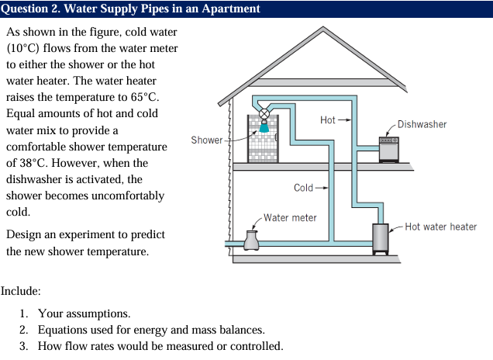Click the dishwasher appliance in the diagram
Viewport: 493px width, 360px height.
[x=389, y=150]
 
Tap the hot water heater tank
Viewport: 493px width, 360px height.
[x=380, y=238]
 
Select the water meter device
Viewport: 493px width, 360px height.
[x=251, y=241]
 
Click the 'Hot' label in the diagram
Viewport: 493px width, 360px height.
[x=328, y=120]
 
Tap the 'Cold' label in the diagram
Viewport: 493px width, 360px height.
[x=304, y=188]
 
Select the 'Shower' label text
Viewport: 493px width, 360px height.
[x=206, y=140]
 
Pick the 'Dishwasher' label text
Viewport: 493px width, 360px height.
[x=422, y=124]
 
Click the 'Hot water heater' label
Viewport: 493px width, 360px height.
[x=441, y=227]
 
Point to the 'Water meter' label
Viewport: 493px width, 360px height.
[x=290, y=217]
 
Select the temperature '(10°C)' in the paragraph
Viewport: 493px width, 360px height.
[x=24, y=50]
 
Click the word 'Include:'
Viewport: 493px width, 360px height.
[x=20, y=292]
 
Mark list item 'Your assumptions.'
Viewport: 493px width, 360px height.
[x=84, y=313]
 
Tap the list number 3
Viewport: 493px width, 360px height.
[x=24, y=345]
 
